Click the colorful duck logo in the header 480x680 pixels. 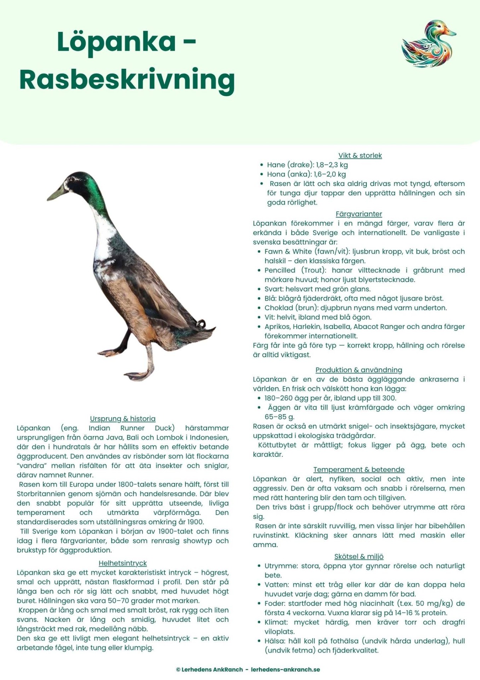point(429,44)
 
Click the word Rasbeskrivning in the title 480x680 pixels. point(127,80)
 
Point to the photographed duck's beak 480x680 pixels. point(57,193)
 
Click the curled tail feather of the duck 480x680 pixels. point(201,323)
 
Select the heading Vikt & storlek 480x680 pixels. point(360,155)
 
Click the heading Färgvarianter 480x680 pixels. point(359,214)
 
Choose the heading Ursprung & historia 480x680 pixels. point(123,419)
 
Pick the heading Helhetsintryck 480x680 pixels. point(122,563)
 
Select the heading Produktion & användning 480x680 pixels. point(359,370)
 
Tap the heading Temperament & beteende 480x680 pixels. point(359,470)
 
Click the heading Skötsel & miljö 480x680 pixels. point(359,557)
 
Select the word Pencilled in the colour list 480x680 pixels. point(280,270)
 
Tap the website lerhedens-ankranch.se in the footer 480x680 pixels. point(285,669)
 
